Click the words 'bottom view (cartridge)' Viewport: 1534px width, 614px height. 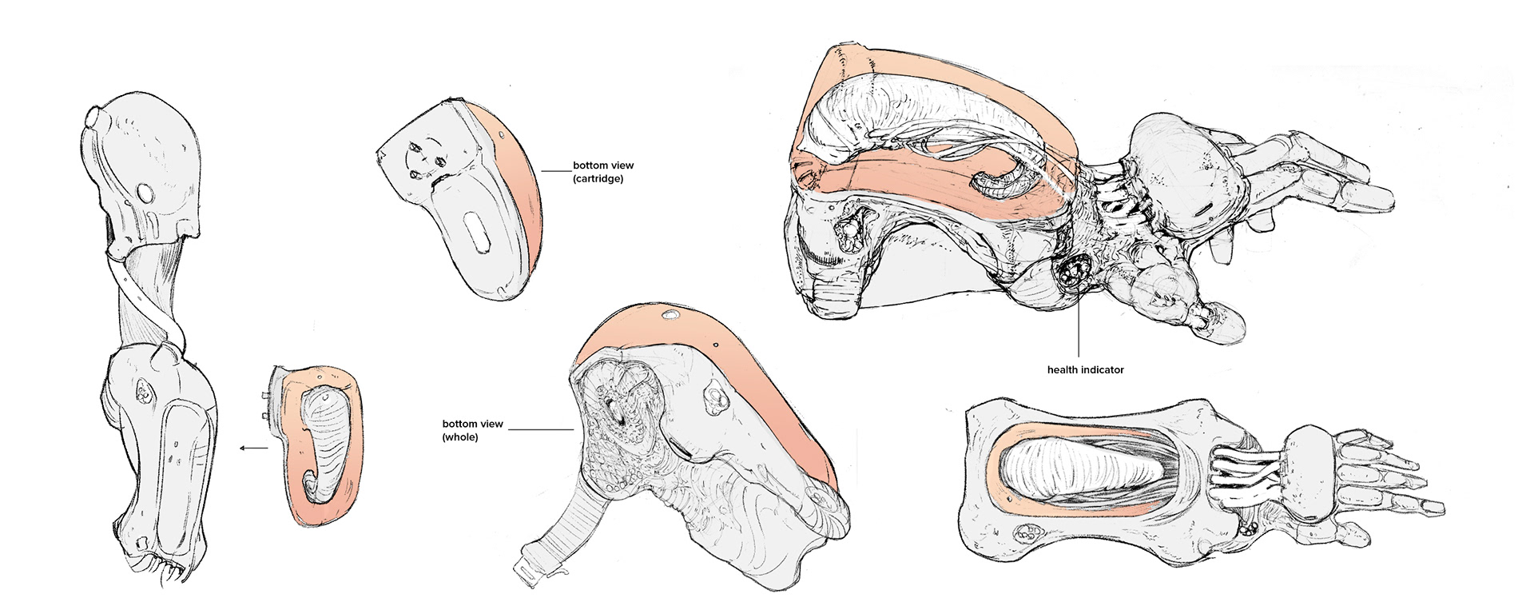pyautogui.click(x=603, y=172)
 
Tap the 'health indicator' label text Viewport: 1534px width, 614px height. pyautogui.click(x=1085, y=370)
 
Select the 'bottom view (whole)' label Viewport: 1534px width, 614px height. pyautogui.click(x=472, y=430)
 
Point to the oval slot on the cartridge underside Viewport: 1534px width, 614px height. pyautogui.click(x=477, y=233)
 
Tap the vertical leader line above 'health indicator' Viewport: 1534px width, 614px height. pyautogui.click(x=1079, y=328)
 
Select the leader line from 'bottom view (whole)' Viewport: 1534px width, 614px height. pyautogui.click(x=540, y=429)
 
